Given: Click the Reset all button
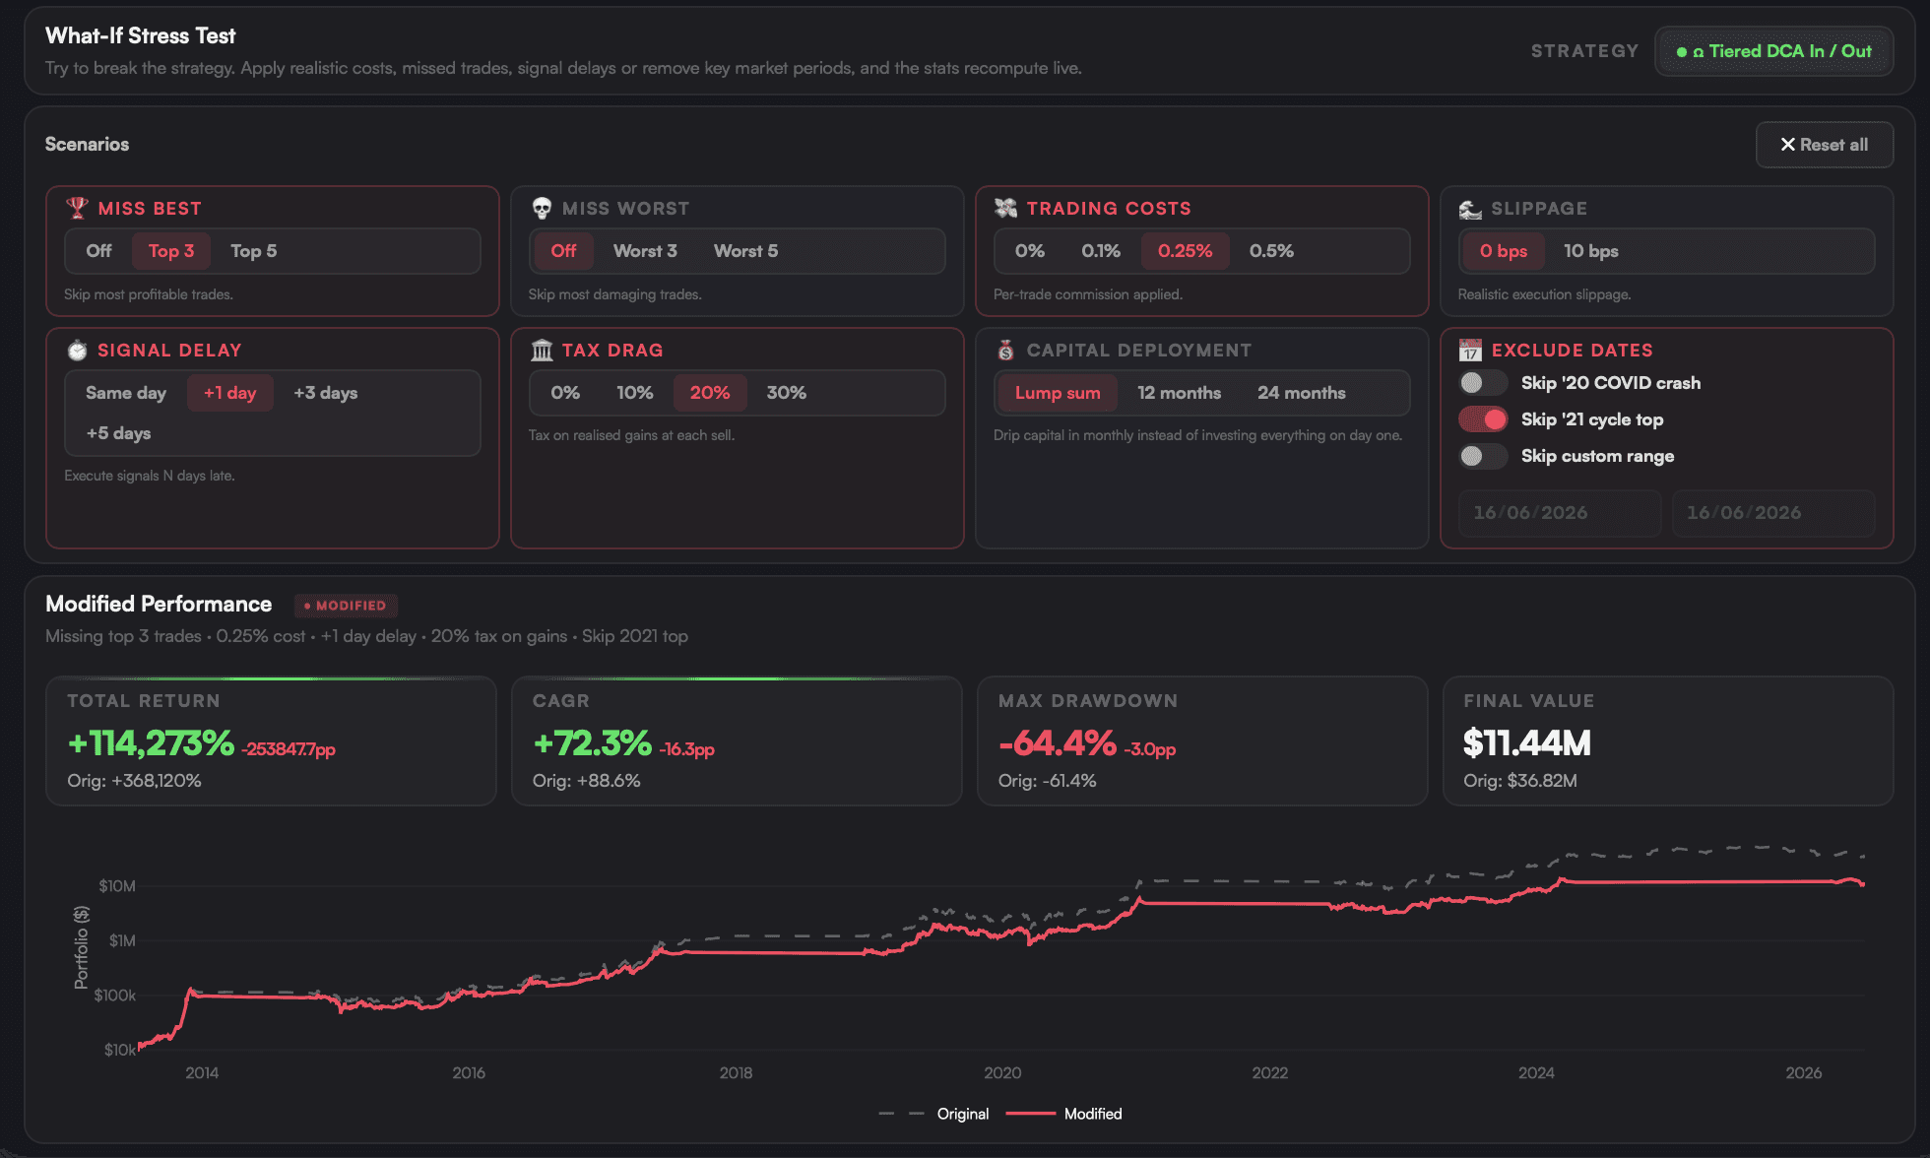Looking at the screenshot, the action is click(1824, 145).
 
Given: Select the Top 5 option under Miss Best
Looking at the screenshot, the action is click(253, 251).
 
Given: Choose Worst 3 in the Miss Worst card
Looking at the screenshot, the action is click(645, 251).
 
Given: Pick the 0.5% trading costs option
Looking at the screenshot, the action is click(1271, 251).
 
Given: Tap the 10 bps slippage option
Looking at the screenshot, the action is click(1590, 251).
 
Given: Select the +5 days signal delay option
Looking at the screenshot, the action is click(118, 433).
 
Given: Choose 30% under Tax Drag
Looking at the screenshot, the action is click(786, 393).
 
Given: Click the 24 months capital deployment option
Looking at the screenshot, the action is click(1301, 393).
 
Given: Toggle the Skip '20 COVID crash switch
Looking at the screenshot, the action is click(1482, 383).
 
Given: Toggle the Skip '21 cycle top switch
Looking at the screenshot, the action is click(1482, 419).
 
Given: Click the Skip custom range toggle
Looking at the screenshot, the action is click(1482, 456).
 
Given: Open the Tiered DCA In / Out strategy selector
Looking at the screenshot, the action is click(1773, 51).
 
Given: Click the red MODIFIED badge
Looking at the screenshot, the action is click(346, 606).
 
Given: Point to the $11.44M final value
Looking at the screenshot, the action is click(1526, 743).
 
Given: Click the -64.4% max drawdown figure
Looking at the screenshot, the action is click(1058, 743).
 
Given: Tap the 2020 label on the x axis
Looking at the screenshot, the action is click(1002, 1073).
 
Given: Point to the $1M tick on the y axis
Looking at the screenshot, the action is click(122, 941).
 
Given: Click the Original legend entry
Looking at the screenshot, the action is click(933, 1114).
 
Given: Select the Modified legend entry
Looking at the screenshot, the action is click(1064, 1114).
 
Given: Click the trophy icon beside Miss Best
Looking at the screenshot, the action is click(77, 208).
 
